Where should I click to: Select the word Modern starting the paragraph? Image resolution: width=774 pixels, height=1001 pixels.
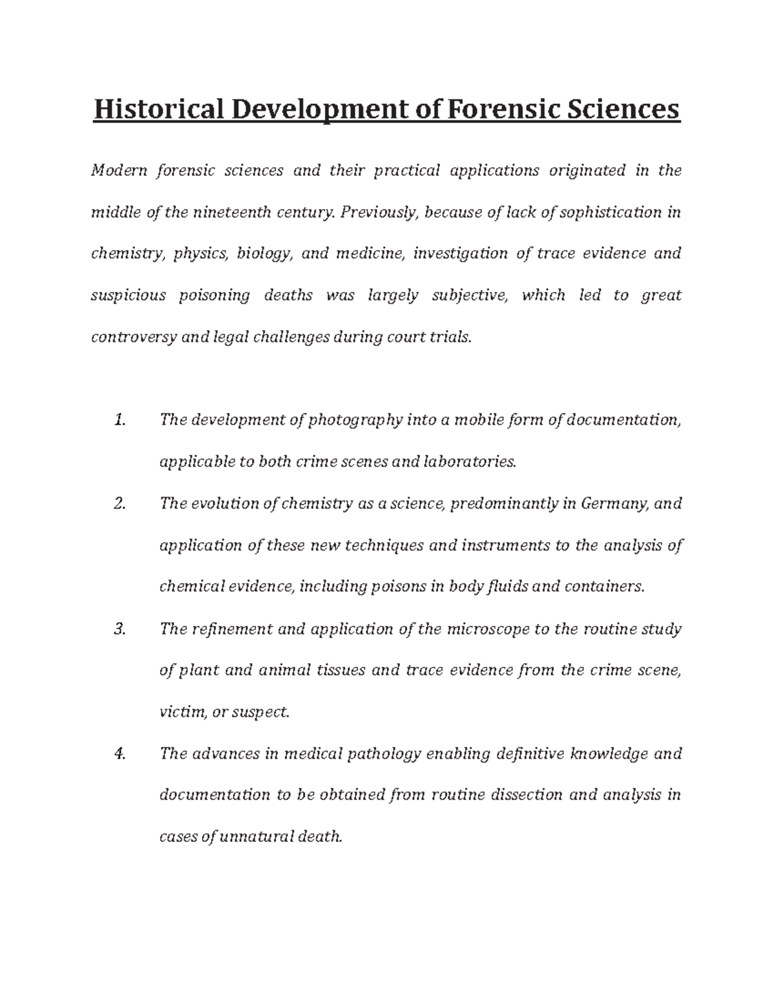point(119,171)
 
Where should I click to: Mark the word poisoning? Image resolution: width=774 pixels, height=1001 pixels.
point(214,296)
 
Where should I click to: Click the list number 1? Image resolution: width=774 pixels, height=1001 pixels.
point(119,420)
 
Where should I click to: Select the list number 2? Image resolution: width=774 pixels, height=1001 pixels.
point(119,503)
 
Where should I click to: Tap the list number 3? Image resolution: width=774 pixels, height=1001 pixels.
point(119,629)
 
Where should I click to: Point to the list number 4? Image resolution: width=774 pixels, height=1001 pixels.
point(119,754)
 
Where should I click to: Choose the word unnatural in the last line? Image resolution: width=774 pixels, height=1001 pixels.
point(256,837)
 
